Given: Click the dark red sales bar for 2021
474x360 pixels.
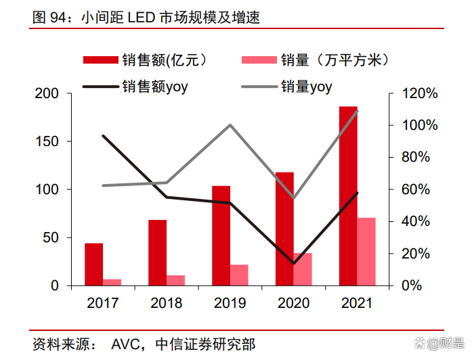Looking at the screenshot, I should click(x=348, y=196).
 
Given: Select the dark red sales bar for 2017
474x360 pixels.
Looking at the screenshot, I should click(x=94, y=265).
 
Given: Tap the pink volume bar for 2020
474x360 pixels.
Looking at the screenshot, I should click(x=303, y=269).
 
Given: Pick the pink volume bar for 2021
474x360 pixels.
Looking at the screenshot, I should click(x=366, y=251).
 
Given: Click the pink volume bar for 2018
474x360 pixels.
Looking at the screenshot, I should click(x=176, y=280).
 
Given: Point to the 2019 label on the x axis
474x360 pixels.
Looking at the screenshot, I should click(x=230, y=304).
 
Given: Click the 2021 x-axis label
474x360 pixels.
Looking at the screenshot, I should click(x=357, y=304).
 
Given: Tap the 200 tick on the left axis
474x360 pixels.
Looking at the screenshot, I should click(x=47, y=93).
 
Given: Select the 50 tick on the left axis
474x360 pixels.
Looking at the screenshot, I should click(x=50, y=238).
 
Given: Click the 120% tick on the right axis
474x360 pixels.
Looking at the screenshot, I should click(x=414, y=93).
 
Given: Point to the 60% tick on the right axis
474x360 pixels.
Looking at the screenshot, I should click(x=412, y=189).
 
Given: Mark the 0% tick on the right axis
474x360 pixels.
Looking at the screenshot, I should click(x=408, y=286).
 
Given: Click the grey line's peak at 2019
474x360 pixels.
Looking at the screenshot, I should click(x=230, y=125).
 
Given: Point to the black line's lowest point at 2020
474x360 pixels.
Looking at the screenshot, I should click(x=293, y=263).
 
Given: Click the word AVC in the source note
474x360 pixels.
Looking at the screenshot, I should click(x=125, y=344).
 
